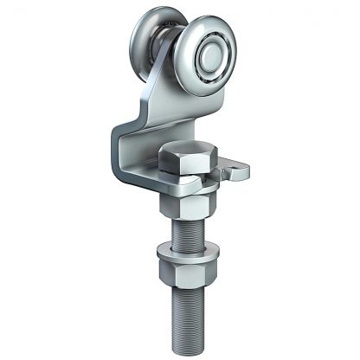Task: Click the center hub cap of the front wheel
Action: (211, 58)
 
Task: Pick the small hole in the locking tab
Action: (233, 170)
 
